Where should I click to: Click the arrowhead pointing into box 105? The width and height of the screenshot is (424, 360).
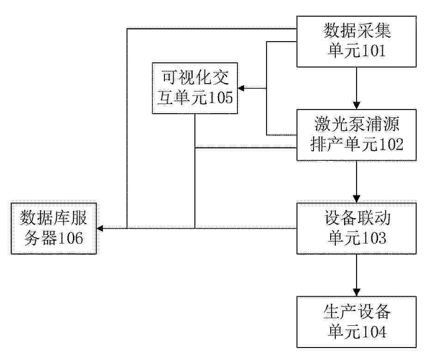(x=241, y=88)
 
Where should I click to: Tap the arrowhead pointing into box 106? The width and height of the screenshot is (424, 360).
(x=100, y=229)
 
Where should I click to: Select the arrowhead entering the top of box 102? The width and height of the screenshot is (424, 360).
(x=357, y=105)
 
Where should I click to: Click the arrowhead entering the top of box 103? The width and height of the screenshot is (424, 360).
(x=357, y=199)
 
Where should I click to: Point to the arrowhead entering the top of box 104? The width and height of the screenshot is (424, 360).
(x=357, y=293)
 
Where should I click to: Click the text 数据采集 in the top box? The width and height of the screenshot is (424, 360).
(x=357, y=31)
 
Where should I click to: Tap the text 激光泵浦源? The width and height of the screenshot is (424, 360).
(x=357, y=124)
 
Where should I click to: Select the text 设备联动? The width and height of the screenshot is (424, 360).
(x=357, y=218)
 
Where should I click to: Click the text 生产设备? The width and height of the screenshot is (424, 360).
(x=357, y=311)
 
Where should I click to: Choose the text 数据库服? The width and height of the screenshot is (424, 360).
(x=54, y=218)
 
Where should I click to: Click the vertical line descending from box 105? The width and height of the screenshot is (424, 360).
(x=195, y=171)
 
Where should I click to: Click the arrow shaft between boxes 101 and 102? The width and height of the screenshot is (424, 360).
(x=357, y=85)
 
